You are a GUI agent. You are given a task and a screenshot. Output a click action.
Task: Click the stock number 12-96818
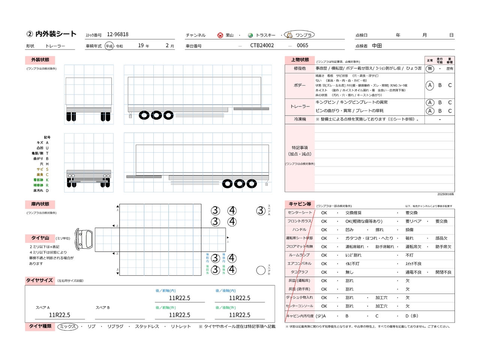pos(117,34)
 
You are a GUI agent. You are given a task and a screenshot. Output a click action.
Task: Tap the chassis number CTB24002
pos(262,45)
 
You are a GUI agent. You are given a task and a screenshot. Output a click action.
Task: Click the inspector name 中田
pos(377,46)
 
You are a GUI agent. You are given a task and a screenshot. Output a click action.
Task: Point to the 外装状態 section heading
pos(40,60)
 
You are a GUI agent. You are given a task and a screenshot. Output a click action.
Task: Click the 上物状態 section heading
pos(300,60)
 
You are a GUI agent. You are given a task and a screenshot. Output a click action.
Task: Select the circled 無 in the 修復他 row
pos(430,69)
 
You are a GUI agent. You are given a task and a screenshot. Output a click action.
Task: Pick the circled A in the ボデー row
pos(430,85)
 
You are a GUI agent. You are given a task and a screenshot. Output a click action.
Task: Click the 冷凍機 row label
pos(300,119)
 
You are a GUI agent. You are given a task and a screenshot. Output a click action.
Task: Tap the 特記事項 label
pos(300,148)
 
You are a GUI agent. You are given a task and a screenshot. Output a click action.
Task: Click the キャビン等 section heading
pos(300,204)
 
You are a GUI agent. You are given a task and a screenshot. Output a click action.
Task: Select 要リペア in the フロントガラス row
pos(413,221)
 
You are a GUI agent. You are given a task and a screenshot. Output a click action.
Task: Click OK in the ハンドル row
pos(324,230)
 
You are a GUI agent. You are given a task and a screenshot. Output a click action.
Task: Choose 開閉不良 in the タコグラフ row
pos(443,272)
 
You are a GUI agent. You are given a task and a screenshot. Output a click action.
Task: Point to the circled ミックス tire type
pos(68,327)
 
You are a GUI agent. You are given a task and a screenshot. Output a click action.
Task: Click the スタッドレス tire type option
pos(147,327)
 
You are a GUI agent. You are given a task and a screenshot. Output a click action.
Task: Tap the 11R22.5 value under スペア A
pos(60,315)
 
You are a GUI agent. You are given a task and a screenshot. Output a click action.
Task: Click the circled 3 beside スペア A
pos(261,211)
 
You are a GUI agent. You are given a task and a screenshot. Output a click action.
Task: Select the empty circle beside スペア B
pos(261,270)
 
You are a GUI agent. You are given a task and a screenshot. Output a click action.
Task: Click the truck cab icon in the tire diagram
pos(84,239)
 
